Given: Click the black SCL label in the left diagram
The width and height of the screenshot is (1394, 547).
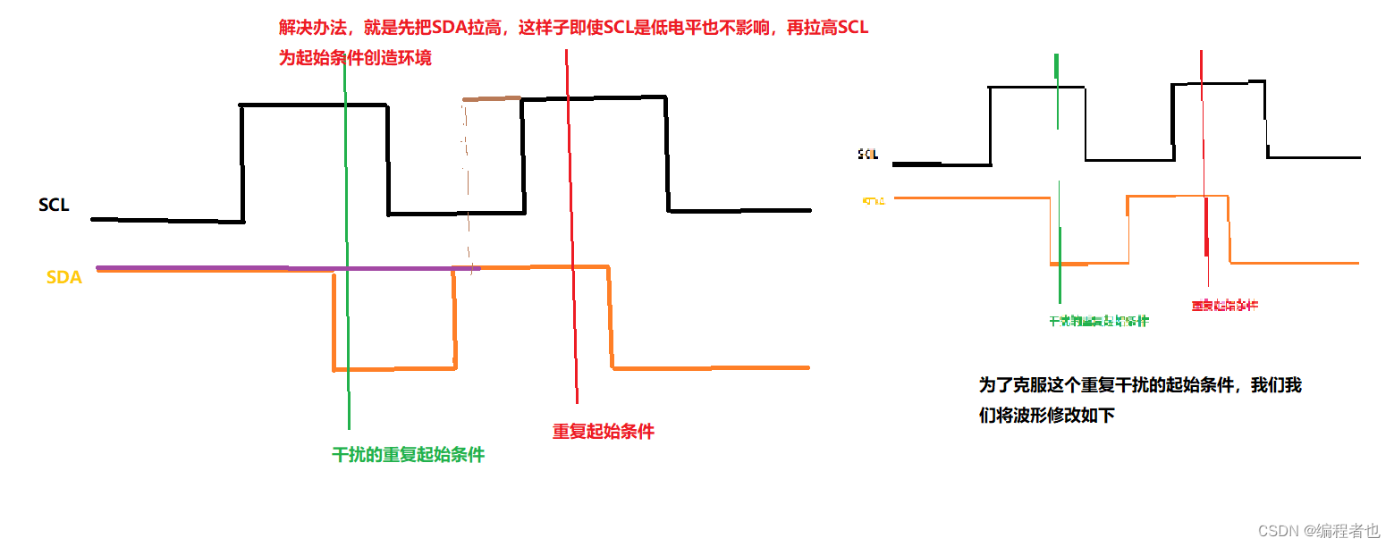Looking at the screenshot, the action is point(54,206).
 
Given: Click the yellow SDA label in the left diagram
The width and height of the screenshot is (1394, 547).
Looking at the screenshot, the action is point(64,278).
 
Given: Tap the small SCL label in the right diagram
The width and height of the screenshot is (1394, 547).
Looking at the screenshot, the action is point(868,154).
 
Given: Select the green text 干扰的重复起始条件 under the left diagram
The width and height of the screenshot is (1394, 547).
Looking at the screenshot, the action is point(408,455).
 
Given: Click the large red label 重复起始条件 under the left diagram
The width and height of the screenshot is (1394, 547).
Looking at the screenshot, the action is point(604,432).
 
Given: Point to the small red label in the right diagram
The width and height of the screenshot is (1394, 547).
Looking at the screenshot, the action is point(1224,306).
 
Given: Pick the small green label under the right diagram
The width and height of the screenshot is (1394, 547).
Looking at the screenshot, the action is point(1099,321).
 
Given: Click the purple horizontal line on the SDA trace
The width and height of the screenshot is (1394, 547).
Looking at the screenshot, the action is point(286,267).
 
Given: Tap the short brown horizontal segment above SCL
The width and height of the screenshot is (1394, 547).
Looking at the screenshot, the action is point(492,98).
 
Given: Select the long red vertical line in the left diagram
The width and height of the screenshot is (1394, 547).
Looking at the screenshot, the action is point(571,223).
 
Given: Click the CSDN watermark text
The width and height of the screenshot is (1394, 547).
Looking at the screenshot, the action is point(1319,531).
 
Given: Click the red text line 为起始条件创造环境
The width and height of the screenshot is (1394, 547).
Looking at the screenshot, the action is point(355,58).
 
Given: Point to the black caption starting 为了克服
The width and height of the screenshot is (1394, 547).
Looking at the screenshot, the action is point(1140,386).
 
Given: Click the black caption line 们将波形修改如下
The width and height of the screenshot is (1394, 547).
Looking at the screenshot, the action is point(1047,415).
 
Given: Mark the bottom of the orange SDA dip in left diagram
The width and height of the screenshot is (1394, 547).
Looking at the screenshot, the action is point(393,368).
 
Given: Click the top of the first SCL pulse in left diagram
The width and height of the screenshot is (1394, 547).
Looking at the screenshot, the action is point(313,105).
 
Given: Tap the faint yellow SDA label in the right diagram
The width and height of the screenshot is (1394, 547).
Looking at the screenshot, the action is point(874,200).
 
